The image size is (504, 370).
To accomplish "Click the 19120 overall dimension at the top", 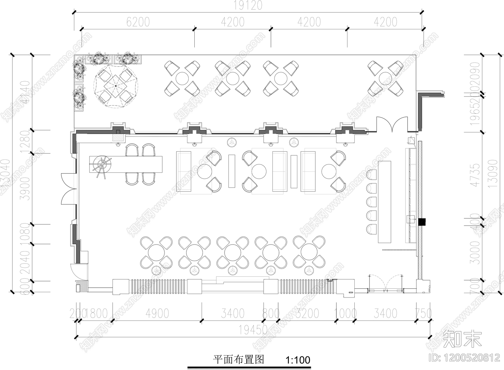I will [248, 5].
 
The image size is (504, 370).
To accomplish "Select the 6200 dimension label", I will [138, 22].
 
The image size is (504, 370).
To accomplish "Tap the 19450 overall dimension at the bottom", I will [253, 330].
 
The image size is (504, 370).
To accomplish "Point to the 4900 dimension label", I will [157, 313].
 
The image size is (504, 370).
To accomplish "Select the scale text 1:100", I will [298, 360].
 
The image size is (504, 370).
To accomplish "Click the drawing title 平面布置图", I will [238, 360].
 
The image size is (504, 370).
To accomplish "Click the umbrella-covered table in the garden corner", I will [116, 86].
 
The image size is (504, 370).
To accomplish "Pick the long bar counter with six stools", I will [384, 202].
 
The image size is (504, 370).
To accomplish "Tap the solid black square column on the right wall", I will [422, 222].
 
